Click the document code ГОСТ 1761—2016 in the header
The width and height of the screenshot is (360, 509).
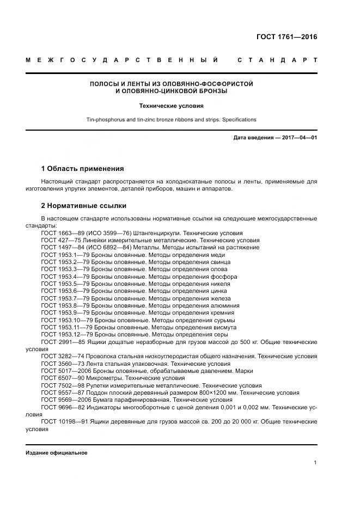(x=286, y=37)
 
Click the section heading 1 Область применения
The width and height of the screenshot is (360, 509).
(x=82, y=168)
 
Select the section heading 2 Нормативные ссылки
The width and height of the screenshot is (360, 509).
(x=84, y=205)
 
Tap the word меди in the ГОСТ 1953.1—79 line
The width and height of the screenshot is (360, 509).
(x=218, y=255)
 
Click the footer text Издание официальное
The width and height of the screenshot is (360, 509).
(x=57, y=453)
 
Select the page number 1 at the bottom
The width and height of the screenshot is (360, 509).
(x=315, y=463)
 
